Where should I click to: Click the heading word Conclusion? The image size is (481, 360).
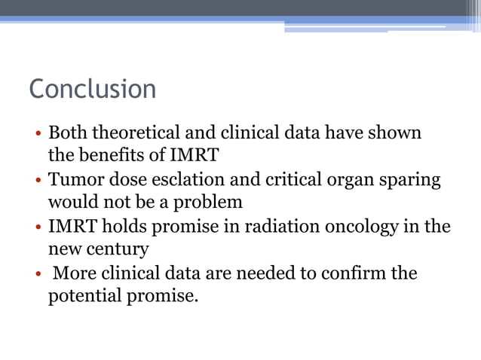click(92, 90)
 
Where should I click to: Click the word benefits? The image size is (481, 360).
click(110, 157)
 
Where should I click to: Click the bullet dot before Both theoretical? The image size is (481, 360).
click(37, 136)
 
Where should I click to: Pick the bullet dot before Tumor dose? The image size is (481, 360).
click(37, 182)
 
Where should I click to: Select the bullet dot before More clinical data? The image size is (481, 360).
click(37, 274)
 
